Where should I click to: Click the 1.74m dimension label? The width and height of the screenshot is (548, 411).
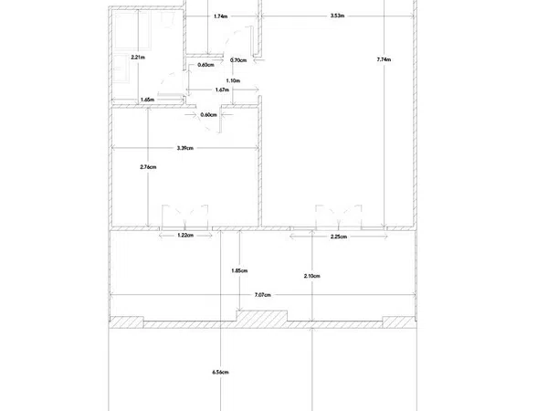220,16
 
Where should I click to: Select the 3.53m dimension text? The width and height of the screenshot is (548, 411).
337,16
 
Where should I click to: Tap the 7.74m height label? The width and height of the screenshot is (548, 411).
384,59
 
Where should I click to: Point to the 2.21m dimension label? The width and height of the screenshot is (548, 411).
138,58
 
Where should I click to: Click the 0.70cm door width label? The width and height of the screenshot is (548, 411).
238,60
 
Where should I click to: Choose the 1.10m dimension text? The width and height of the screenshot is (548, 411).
233,80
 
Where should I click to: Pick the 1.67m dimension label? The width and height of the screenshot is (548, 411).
222,90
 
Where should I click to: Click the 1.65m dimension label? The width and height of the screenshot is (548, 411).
147,100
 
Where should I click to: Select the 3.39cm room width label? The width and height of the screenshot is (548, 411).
184,148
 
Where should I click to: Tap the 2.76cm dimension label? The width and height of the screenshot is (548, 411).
148,167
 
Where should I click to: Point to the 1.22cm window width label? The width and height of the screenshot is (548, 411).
185,236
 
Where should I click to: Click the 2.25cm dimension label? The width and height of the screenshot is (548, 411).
339,237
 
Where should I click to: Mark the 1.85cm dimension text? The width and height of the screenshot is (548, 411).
239,270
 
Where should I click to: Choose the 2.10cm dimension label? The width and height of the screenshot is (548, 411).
311,276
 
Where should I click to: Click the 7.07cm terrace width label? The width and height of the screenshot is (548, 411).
262,295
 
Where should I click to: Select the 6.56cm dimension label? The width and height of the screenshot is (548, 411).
220,373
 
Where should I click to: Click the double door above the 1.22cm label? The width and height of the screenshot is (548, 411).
184,217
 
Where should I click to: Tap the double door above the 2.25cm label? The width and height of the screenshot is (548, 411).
338,217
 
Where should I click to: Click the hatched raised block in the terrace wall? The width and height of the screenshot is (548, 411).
262,317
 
